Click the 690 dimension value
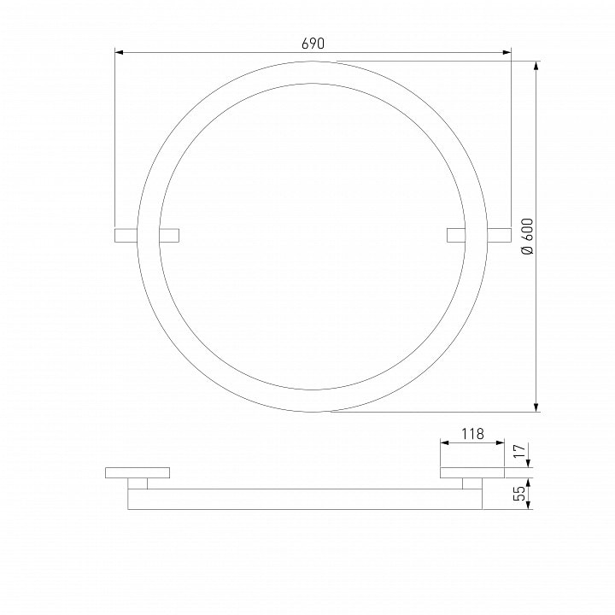tap(313, 44)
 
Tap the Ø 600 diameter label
tap(528, 236)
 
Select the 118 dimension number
tap(472, 434)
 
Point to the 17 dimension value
tap(519, 452)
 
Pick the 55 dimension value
tap(519, 493)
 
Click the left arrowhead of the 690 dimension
tap(120, 52)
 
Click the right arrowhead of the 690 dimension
tap(507, 52)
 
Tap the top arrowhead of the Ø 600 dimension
tap(536, 66)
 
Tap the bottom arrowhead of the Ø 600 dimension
tap(536, 407)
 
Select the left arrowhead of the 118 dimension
tap(444, 442)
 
